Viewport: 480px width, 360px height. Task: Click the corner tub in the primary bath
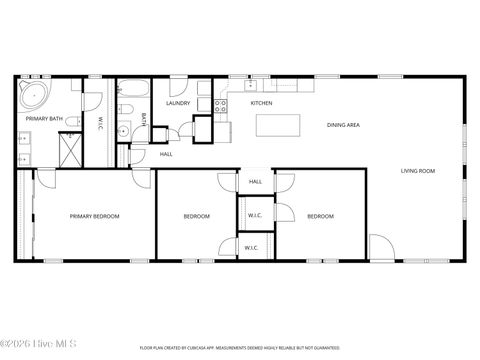32,96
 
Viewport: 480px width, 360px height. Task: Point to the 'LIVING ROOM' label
418,171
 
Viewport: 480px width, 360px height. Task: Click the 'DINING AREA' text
343,125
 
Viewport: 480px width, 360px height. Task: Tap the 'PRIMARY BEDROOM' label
94,216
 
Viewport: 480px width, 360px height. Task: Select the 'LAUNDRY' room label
178,103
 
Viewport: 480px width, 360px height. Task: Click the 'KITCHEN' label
261,103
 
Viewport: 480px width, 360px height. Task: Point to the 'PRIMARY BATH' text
43,120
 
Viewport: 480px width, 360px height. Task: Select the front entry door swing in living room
381,247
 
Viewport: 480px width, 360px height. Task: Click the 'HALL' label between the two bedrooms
255,182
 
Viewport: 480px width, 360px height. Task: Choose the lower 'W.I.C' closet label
251,247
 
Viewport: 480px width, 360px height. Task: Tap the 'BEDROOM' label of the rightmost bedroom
320,216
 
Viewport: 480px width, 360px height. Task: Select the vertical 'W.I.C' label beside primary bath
100,125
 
